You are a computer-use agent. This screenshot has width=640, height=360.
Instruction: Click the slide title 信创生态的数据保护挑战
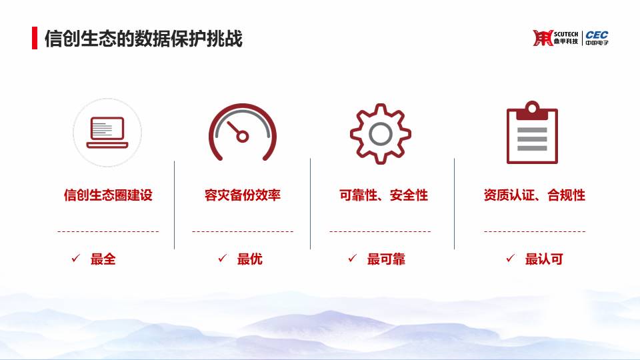pyautogui.click(x=143, y=39)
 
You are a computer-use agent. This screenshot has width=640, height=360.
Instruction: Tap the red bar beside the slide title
pyautogui.click(x=35, y=38)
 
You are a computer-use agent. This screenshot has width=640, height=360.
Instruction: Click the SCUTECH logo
pyautogui.click(x=555, y=38)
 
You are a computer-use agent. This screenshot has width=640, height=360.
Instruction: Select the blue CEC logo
pyautogui.click(x=597, y=38)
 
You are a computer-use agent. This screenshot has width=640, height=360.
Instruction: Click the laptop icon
pyautogui.click(x=107, y=133)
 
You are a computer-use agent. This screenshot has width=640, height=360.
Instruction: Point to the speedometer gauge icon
pyautogui.click(x=243, y=131)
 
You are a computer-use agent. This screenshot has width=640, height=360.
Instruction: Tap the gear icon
pyautogui.click(x=381, y=134)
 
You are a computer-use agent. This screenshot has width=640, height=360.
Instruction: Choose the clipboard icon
pyautogui.click(x=532, y=133)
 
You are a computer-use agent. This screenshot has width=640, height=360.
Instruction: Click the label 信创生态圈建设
pyautogui.click(x=108, y=195)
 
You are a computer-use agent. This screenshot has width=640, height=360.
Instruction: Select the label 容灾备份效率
pyautogui.click(x=243, y=195)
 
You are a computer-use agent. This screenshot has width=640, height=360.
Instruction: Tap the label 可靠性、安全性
pyautogui.click(x=384, y=195)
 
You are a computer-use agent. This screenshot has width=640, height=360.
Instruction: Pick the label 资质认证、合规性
pyautogui.click(x=534, y=195)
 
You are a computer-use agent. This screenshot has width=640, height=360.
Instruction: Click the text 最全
pyautogui.click(x=103, y=259)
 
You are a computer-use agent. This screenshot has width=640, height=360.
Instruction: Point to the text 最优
pyautogui.click(x=249, y=259)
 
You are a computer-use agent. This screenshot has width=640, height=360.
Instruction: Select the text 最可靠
pyautogui.click(x=386, y=259)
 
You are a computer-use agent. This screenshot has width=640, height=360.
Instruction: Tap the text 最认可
pyautogui.click(x=544, y=259)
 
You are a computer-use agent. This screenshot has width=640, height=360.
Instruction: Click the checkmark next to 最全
pyautogui.click(x=75, y=258)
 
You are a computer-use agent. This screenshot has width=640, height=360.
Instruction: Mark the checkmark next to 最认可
pyautogui.click(x=510, y=258)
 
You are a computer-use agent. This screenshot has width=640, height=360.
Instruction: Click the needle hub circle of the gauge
pyautogui.click(x=243, y=137)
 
